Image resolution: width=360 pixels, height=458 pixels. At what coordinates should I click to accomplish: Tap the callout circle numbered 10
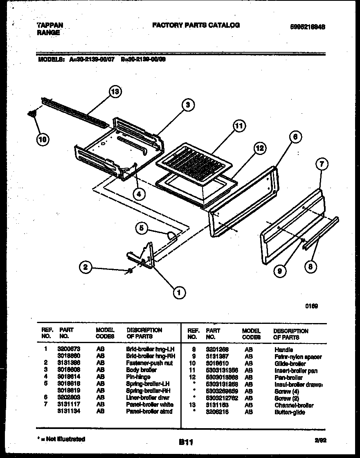(43, 140)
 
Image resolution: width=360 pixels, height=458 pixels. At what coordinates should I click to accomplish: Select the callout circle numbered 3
(188, 105)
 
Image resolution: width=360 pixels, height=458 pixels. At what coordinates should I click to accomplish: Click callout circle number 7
(322, 164)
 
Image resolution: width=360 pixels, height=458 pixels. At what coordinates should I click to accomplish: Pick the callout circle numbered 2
(85, 268)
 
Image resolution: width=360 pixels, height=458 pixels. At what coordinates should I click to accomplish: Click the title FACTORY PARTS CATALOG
(196, 25)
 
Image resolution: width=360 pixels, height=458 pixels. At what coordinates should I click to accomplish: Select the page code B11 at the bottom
(186, 442)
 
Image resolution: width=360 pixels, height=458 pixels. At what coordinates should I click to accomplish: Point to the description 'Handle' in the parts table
(283, 350)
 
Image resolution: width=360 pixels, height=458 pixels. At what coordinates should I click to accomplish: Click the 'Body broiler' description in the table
(141, 370)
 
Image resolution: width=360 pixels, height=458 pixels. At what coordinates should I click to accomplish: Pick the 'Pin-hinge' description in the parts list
(138, 377)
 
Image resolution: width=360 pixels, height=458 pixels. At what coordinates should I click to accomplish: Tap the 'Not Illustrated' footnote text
(62, 439)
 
